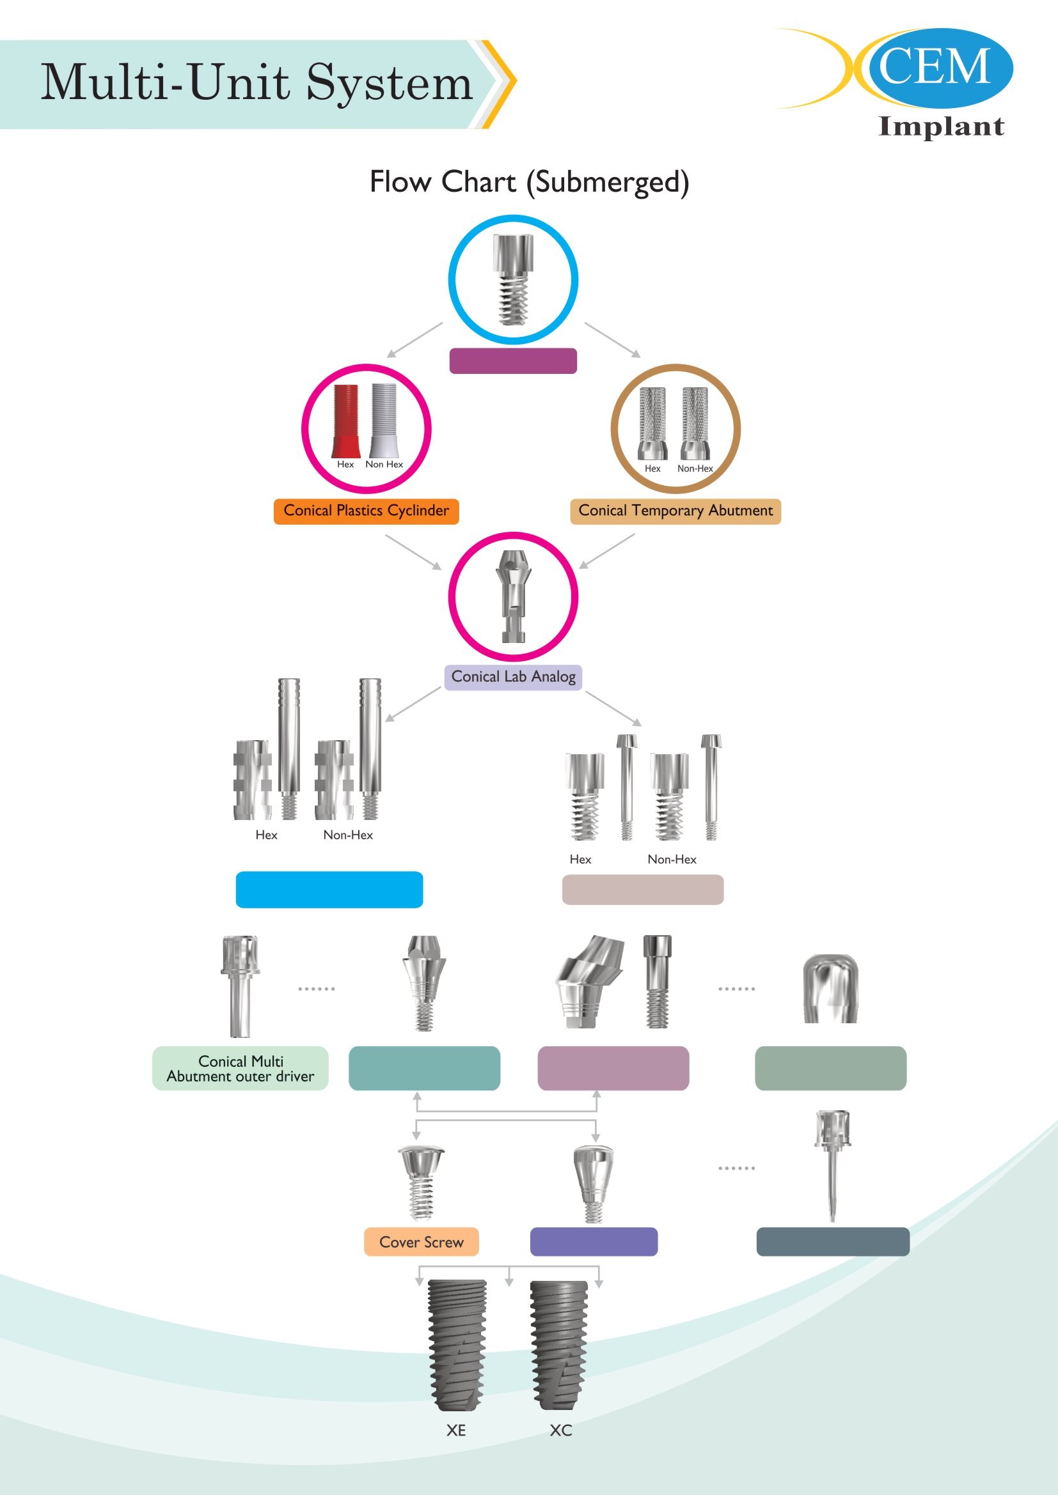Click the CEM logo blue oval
coord(938,68)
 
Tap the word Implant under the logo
coord(941,127)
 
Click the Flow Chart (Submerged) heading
coord(529,182)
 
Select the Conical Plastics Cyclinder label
coord(366,511)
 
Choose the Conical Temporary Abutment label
coord(675,511)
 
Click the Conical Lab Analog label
coord(514,677)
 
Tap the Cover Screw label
coord(422,1243)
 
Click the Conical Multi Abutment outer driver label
coord(241,1069)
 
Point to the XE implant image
coord(457,1345)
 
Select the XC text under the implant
coord(560,1430)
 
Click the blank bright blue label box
coord(329,890)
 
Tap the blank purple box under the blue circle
coord(513,360)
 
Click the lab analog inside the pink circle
coord(514,596)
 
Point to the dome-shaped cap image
coord(830,988)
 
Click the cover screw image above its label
coord(422,1182)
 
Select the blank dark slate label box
coord(832,1242)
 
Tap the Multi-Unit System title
coord(256,82)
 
